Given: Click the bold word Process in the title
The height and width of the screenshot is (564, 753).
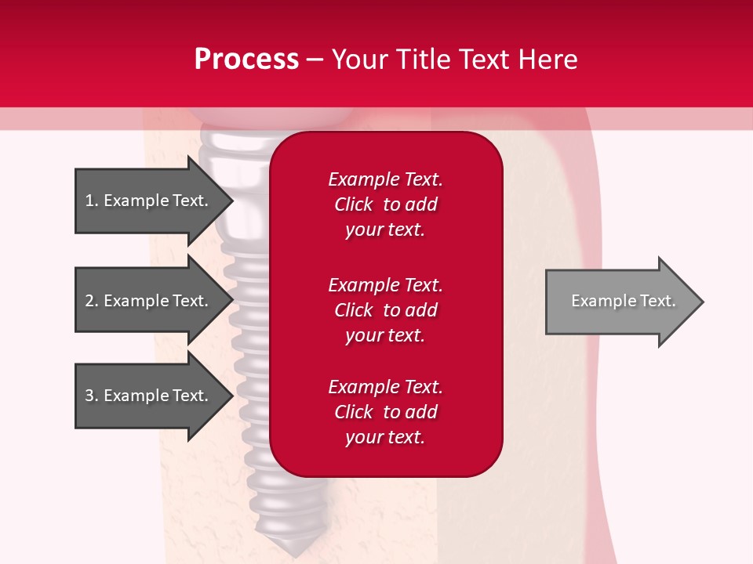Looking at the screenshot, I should (x=246, y=60).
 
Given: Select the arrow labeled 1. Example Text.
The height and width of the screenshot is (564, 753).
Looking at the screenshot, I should (x=149, y=201).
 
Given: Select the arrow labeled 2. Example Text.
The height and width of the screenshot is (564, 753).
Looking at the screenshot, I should (x=149, y=301).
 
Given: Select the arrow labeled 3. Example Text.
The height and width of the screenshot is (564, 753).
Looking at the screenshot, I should (x=149, y=396).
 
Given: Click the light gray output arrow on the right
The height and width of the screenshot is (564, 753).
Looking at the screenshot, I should (x=620, y=302).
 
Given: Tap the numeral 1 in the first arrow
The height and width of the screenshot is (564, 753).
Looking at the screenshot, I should (x=89, y=201).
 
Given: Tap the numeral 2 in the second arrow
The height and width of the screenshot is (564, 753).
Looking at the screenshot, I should (x=89, y=301).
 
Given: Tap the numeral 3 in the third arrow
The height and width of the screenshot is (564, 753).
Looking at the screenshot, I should (x=89, y=396).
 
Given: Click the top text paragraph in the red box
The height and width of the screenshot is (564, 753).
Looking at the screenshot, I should (x=385, y=204).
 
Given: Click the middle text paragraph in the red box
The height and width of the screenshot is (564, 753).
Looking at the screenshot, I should (x=385, y=310).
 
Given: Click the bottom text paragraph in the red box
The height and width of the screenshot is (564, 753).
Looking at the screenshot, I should (x=385, y=412).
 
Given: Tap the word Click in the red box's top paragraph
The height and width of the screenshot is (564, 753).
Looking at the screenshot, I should (x=353, y=204).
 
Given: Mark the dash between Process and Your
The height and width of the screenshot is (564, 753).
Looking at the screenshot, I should (x=315, y=60).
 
